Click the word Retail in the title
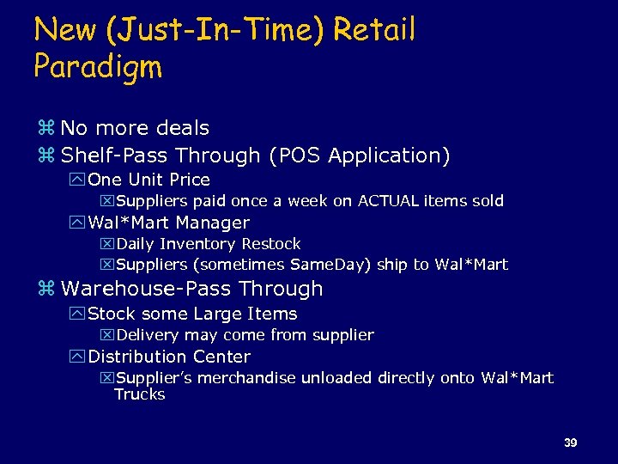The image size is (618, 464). [x=374, y=30]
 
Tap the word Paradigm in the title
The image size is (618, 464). [x=98, y=66]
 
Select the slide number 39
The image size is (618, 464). [x=570, y=443]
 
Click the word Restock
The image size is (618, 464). [x=271, y=244]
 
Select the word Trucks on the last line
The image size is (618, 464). [x=139, y=394]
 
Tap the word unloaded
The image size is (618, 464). [x=339, y=378]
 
